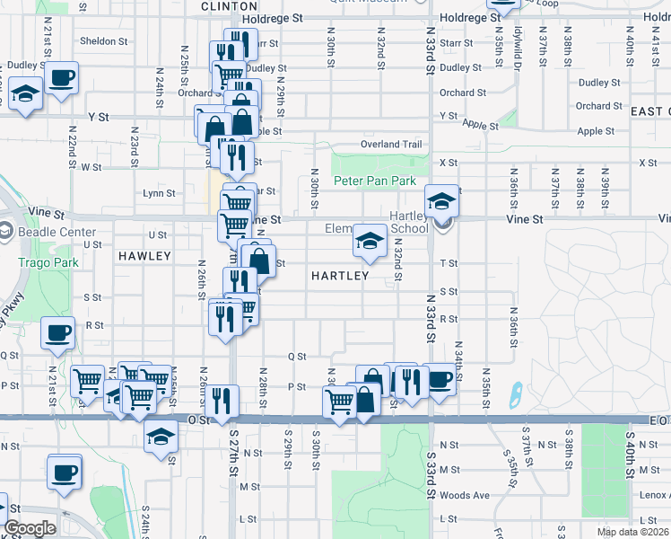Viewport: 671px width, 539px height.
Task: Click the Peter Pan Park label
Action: (375, 181)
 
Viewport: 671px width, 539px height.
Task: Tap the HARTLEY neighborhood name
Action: (340, 276)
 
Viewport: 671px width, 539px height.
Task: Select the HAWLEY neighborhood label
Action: (144, 256)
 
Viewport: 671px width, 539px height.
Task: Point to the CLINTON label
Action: (222, 5)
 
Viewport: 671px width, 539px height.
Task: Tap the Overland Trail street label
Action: (390, 145)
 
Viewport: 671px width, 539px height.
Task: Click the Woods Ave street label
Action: (465, 495)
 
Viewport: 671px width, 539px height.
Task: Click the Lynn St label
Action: (159, 193)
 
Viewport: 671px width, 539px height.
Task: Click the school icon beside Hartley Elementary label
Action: (369, 240)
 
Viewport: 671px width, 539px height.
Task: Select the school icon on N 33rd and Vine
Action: (440, 201)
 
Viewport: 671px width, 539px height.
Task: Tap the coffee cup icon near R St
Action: (58, 332)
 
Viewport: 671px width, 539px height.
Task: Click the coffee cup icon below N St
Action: (64, 471)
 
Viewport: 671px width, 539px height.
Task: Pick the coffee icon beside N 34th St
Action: (439, 378)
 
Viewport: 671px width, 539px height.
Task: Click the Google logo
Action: (30, 529)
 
